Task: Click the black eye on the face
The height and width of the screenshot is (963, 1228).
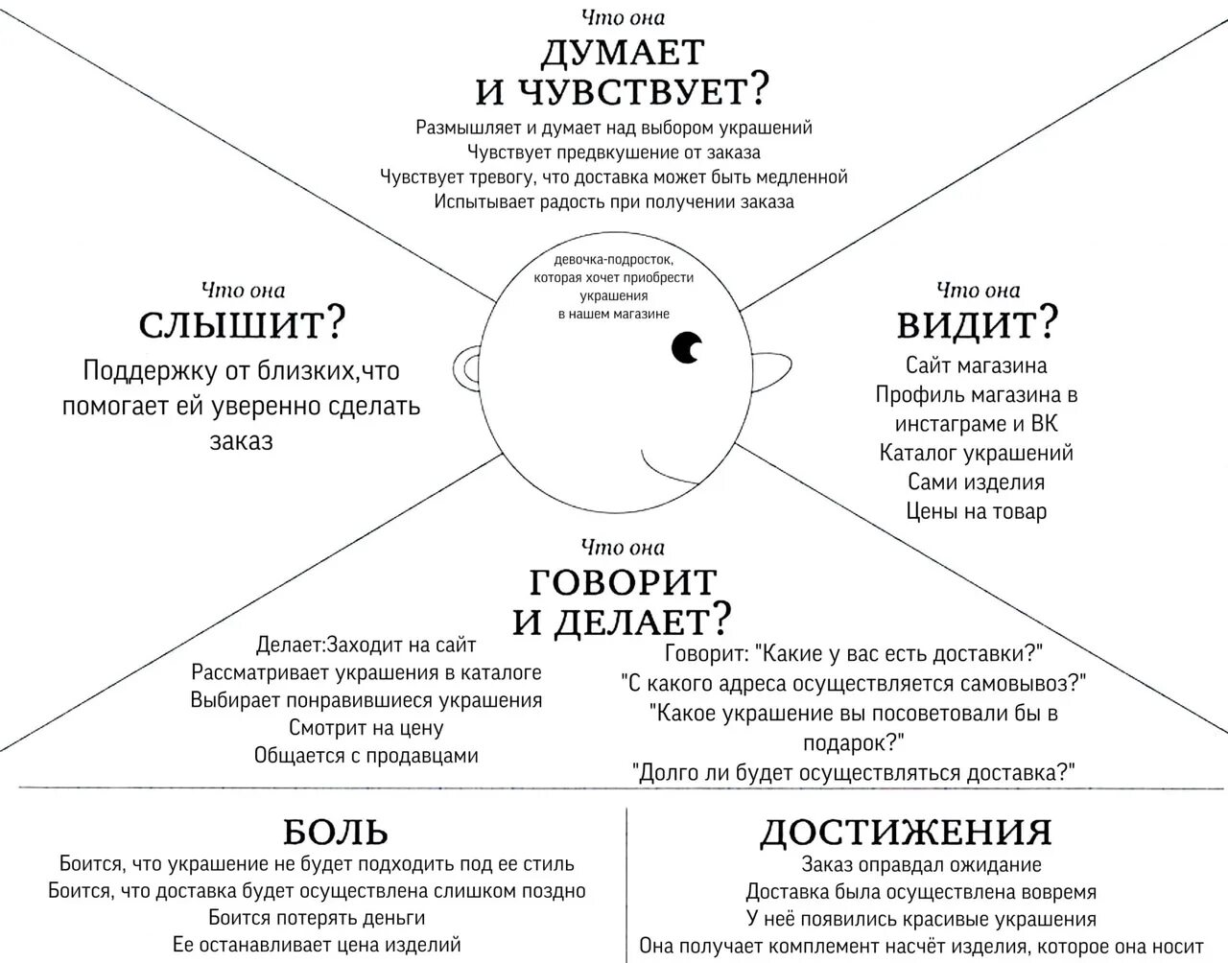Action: coord(686,348)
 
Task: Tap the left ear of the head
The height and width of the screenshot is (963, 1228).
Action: coord(469,367)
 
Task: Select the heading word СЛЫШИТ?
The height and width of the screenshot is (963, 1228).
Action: coord(242,326)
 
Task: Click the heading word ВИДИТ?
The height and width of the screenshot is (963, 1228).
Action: coord(977,325)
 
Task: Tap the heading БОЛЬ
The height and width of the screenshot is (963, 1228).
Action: coord(336,831)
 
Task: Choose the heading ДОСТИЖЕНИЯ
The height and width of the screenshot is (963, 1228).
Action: coord(906,832)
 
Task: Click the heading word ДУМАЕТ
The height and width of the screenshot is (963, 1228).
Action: coord(623,52)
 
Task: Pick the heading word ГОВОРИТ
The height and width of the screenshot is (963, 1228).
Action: coord(623,581)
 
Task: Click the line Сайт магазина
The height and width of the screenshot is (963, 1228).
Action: coord(977,365)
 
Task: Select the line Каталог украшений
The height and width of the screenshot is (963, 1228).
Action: coord(977,453)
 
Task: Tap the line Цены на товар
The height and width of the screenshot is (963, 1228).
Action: coord(977,511)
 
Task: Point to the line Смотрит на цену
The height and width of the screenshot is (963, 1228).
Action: coord(366,727)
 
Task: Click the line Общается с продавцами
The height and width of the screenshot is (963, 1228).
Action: coord(366,756)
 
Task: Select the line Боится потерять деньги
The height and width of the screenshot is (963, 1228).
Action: coord(317,917)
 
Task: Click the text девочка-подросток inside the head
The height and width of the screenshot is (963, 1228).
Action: coord(614,260)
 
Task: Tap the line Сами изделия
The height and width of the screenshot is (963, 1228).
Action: coord(977,481)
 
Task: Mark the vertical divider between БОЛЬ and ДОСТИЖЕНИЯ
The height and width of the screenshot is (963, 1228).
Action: coord(626,882)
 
